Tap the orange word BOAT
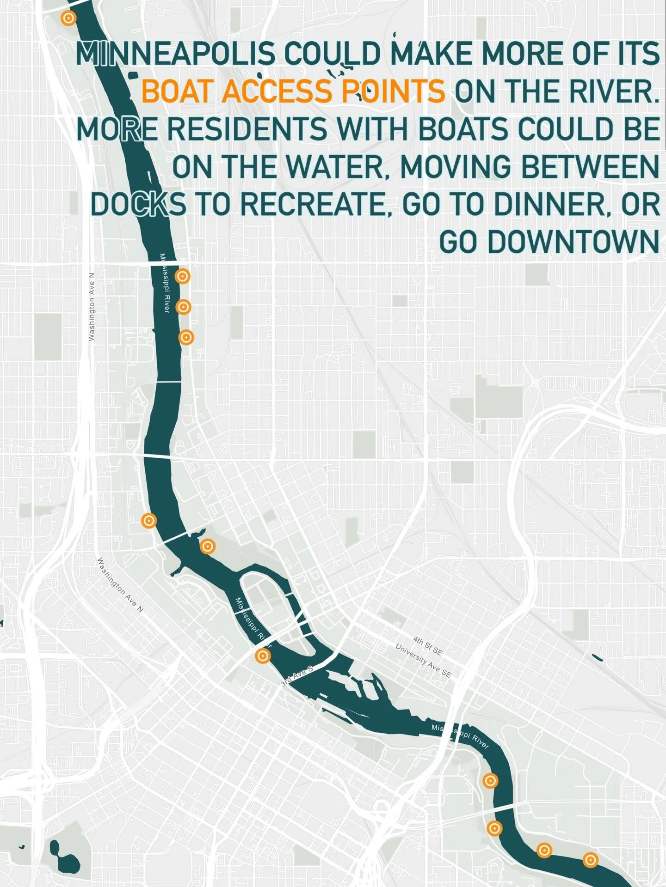point(178,91)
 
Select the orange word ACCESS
point(277,91)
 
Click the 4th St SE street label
point(428,646)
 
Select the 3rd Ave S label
point(297,675)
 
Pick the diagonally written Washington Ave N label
point(120,585)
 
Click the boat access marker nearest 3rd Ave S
point(263,656)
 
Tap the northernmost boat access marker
point(68,18)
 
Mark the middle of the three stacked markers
point(184,307)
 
